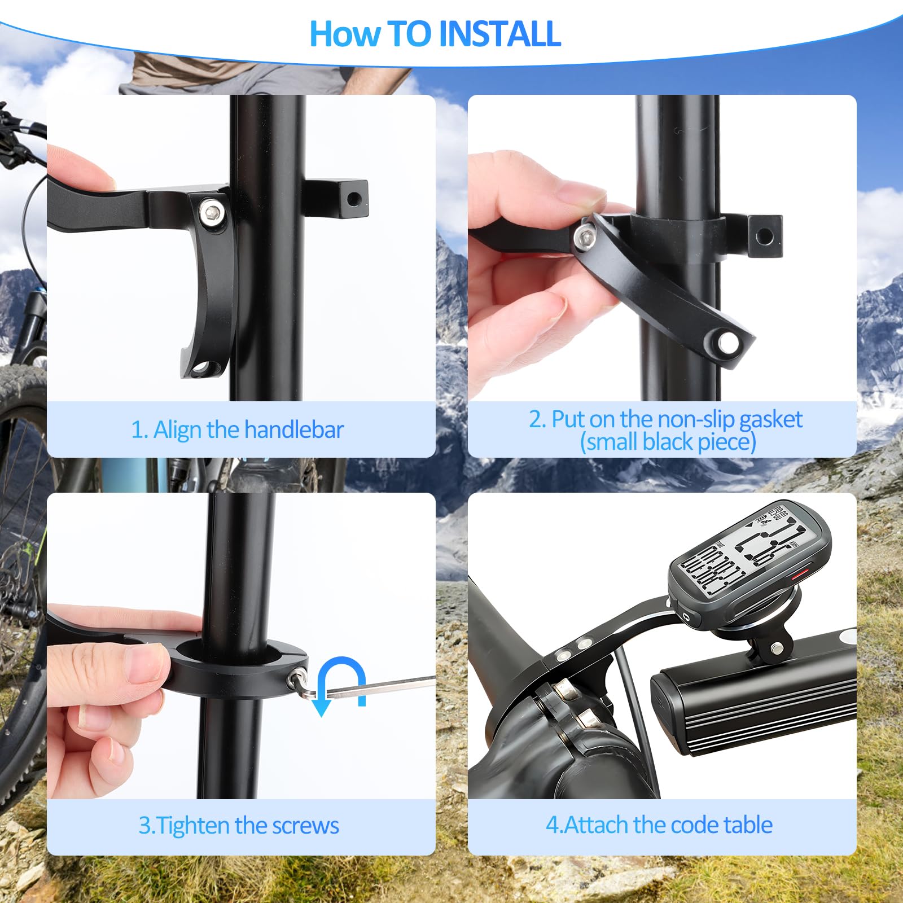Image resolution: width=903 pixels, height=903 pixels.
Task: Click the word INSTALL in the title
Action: [x=499, y=34]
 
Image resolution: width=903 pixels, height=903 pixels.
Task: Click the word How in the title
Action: [x=345, y=34]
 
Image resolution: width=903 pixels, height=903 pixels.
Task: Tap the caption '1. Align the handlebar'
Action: [x=237, y=429]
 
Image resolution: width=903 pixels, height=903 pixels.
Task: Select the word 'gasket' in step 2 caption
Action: [x=770, y=419]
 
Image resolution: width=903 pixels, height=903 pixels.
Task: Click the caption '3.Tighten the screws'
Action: [x=239, y=826]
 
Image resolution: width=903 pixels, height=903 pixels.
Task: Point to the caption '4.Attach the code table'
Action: [x=659, y=825]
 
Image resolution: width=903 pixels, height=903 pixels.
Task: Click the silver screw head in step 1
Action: [x=212, y=212]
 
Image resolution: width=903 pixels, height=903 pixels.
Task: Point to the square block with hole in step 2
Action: [x=764, y=236]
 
